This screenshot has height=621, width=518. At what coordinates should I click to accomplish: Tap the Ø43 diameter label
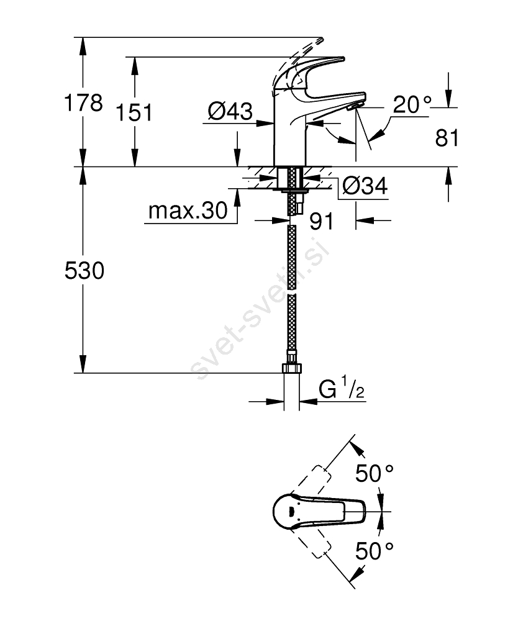pyautogui.click(x=230, y=112)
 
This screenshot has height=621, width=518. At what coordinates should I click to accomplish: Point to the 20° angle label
pyautogui.click(x=411, y=106)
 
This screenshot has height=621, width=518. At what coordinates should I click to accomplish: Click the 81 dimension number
pyautogui.click(x=447, y=138)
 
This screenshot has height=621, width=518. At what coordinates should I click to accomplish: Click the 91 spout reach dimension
pyautogui.click(x=320, y=220)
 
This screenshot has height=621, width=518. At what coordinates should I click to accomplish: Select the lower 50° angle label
pyautogui.click(x=375, y=550)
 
